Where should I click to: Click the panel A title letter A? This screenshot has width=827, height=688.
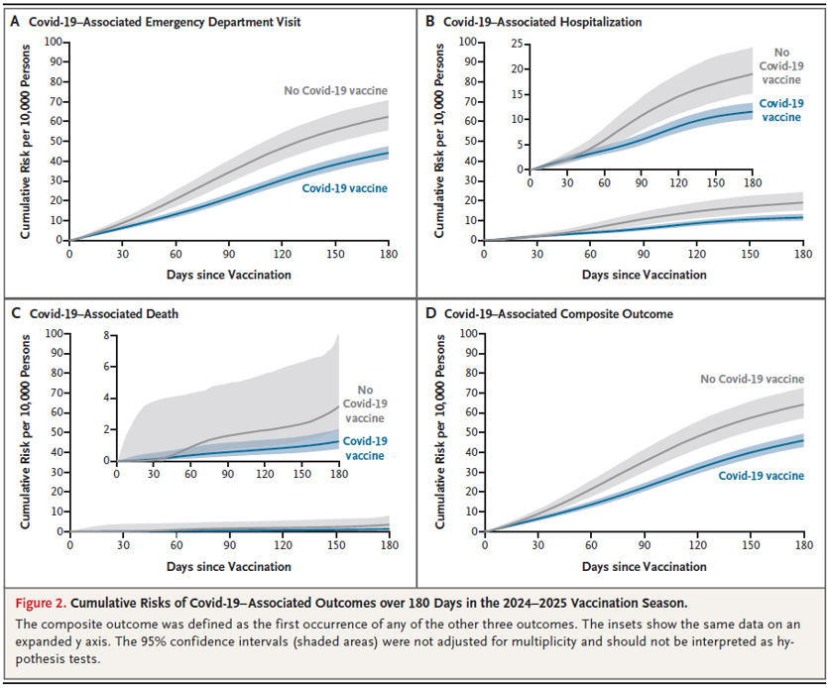[x=14, y=21]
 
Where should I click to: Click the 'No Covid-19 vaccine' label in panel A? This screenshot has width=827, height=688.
[x=335, y=91]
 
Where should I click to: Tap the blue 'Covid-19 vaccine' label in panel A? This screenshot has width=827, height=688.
[x=344, y=187]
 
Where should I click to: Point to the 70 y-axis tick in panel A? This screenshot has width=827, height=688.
[x=54, y=101]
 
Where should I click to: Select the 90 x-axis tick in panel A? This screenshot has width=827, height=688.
[x=229, y=254]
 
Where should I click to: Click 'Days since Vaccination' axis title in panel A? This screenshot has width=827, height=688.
[x=229, y=274]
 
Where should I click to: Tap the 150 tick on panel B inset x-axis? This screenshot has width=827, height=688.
[x=715, y=183]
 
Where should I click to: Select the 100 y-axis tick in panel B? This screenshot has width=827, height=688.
[x=467, y=43]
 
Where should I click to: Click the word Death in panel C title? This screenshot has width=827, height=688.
[x=167, y=313]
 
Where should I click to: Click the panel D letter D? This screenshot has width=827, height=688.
[x=430, y=313]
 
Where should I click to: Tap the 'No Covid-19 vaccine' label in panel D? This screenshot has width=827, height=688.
[x=752, y=379]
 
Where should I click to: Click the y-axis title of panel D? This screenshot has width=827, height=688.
[x=439, y=431]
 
